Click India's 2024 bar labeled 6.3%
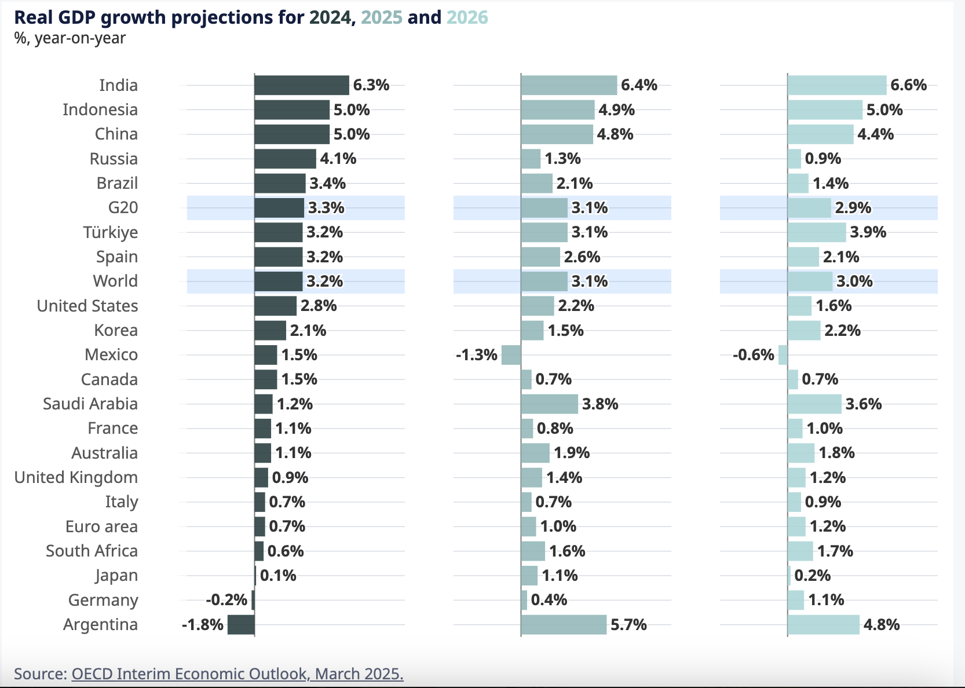(301, 85)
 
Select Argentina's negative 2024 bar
(241, 625)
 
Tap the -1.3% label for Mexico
(476, 354)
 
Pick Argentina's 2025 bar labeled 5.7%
(564, 625)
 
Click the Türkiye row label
(110, 232)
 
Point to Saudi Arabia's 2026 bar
(814, 404)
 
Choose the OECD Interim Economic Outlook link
(237, 674)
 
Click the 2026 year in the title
(467, 17)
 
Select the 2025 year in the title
(381, 17)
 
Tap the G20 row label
(123, 207)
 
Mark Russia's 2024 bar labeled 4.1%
(285, 159)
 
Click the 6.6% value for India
(908, 85)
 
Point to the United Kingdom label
(76, 477)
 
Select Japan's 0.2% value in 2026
(812, 575)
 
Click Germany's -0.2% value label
(226, 600)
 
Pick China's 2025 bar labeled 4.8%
(557, 134)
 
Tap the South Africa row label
(92, 551)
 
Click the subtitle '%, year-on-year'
(70, 38)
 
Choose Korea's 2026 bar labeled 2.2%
(804, 330)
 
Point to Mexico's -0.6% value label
(753, 354)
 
